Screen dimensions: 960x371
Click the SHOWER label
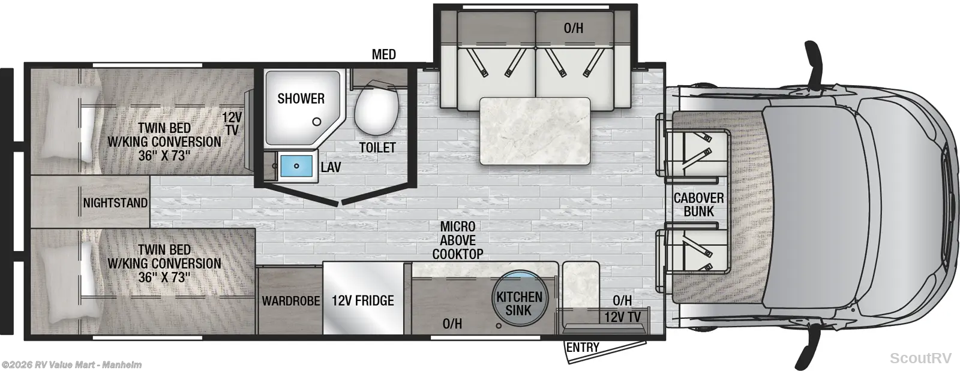tap(301, 98)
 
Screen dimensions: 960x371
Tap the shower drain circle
tap(317, 122)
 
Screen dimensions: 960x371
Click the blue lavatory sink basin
tap(296, 166)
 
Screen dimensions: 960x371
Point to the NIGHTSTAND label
tap(115, 203)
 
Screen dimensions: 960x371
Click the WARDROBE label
tap(291, 301)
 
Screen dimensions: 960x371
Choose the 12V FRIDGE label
tap(362, 300)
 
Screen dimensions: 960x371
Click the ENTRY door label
tap(583, 347)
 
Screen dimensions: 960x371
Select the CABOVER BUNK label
tap(698, 204)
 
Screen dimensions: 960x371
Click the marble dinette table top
tap(535, 131)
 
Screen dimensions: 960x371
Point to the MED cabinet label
tap(384, 55)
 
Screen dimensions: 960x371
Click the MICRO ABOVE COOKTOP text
tap(458, 240)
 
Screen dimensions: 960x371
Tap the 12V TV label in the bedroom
tap(232, 123)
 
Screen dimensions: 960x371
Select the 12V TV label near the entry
tap(622, 317)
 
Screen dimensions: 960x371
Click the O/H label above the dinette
tap(574, 28)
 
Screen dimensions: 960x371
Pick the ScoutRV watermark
tap(920, 358)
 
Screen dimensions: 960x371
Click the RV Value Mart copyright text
tap(71, 365)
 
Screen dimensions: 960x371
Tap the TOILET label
tap(377, 147)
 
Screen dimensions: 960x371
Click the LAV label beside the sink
tap(331, 167)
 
